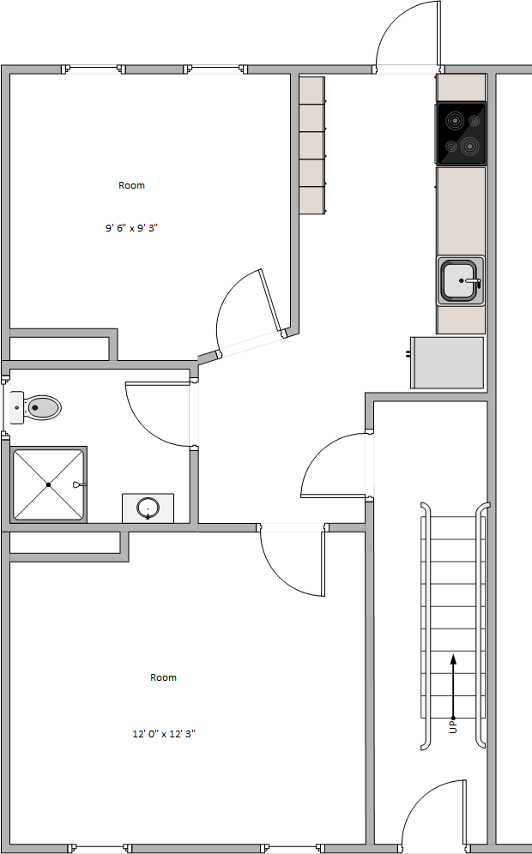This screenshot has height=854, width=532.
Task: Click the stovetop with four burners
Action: click(x=461, y=133)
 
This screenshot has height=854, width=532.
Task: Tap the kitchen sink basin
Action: click(x=461, y=280)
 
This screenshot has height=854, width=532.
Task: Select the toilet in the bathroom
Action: click(x=39, y=407)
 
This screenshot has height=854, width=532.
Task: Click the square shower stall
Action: click(x=49, y=484)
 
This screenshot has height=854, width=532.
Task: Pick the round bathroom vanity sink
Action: click(x=148, y=508)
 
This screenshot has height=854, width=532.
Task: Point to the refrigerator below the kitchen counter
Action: click(x=447, y=362)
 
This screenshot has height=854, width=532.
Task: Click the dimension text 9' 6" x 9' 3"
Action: click(x=131, y=229)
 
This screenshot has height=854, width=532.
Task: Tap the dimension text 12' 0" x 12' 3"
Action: click(x=164, y=734)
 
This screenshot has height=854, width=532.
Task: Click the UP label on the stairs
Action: click(x=453, y=727)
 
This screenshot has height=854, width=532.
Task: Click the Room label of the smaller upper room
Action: click(x=131, y=185)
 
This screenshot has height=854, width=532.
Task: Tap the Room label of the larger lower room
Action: click(x=164, y=677)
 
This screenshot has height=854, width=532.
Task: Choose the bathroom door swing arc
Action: click(x=159, y=414)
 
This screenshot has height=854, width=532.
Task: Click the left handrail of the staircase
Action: click(x=423, y=626)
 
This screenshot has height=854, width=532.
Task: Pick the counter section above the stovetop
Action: click(x=462, y=87)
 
